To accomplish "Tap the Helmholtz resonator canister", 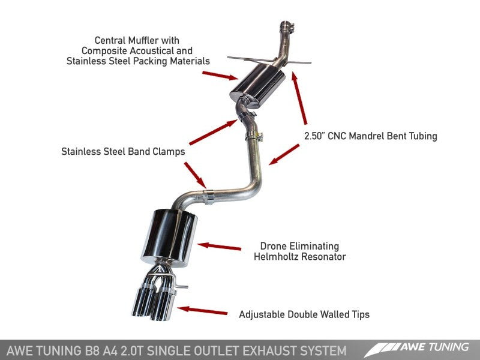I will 169,236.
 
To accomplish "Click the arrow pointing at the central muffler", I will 220,75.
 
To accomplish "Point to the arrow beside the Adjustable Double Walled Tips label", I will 203,310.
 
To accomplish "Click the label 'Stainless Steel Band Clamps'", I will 123,152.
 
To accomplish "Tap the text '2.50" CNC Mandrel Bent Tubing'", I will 369,136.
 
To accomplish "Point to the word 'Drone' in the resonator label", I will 273,246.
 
